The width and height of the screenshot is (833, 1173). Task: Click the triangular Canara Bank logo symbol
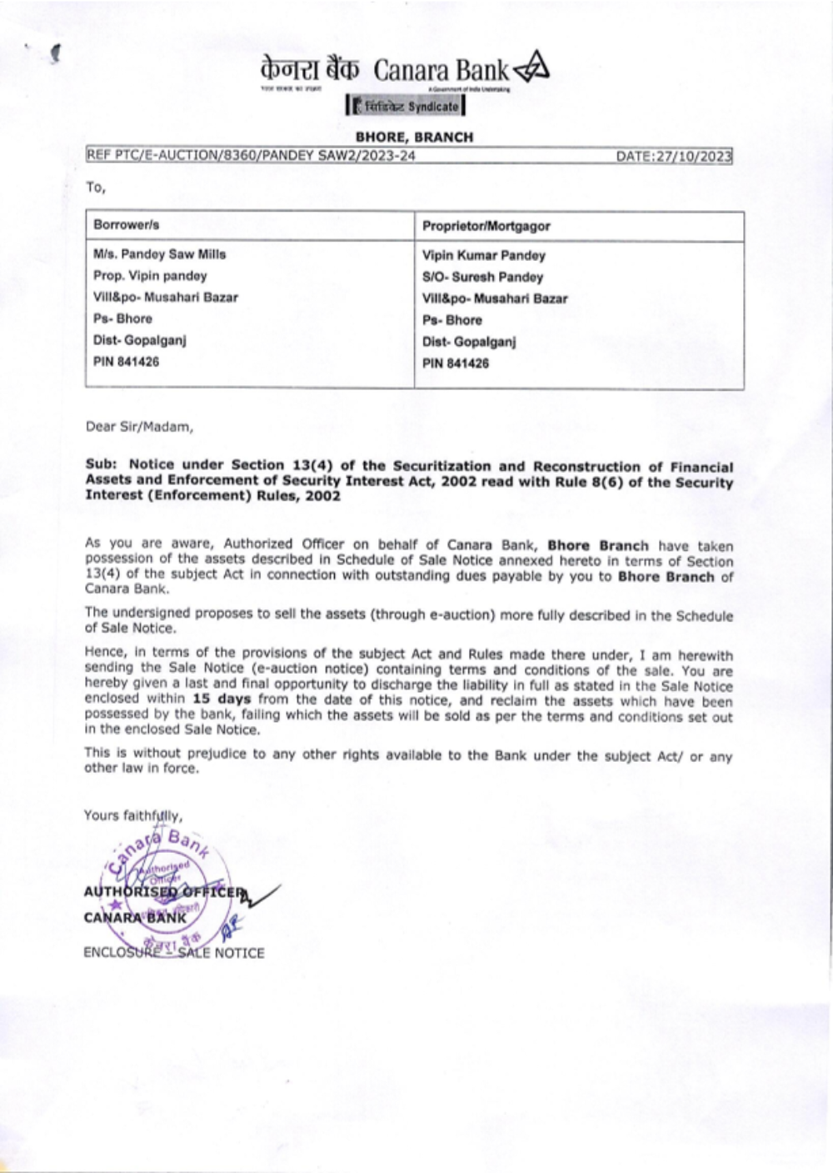531,69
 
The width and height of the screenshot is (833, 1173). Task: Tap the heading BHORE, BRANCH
414,137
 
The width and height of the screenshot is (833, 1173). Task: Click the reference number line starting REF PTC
250,156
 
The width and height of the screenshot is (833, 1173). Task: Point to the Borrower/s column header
127,225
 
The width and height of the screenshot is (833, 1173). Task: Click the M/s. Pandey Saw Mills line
160,254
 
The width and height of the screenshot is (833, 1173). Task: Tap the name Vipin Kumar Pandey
483,255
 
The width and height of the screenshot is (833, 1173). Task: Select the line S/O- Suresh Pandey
482,277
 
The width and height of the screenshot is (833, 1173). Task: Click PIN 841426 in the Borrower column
126,362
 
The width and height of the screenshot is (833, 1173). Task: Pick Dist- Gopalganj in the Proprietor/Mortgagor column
469,342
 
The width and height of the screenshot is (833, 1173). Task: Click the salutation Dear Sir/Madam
139,427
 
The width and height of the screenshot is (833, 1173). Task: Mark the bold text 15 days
221,699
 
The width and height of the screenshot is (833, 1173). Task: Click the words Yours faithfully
133,815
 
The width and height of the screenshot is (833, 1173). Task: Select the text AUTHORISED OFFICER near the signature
165,892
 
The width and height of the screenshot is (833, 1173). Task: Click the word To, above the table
96,187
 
